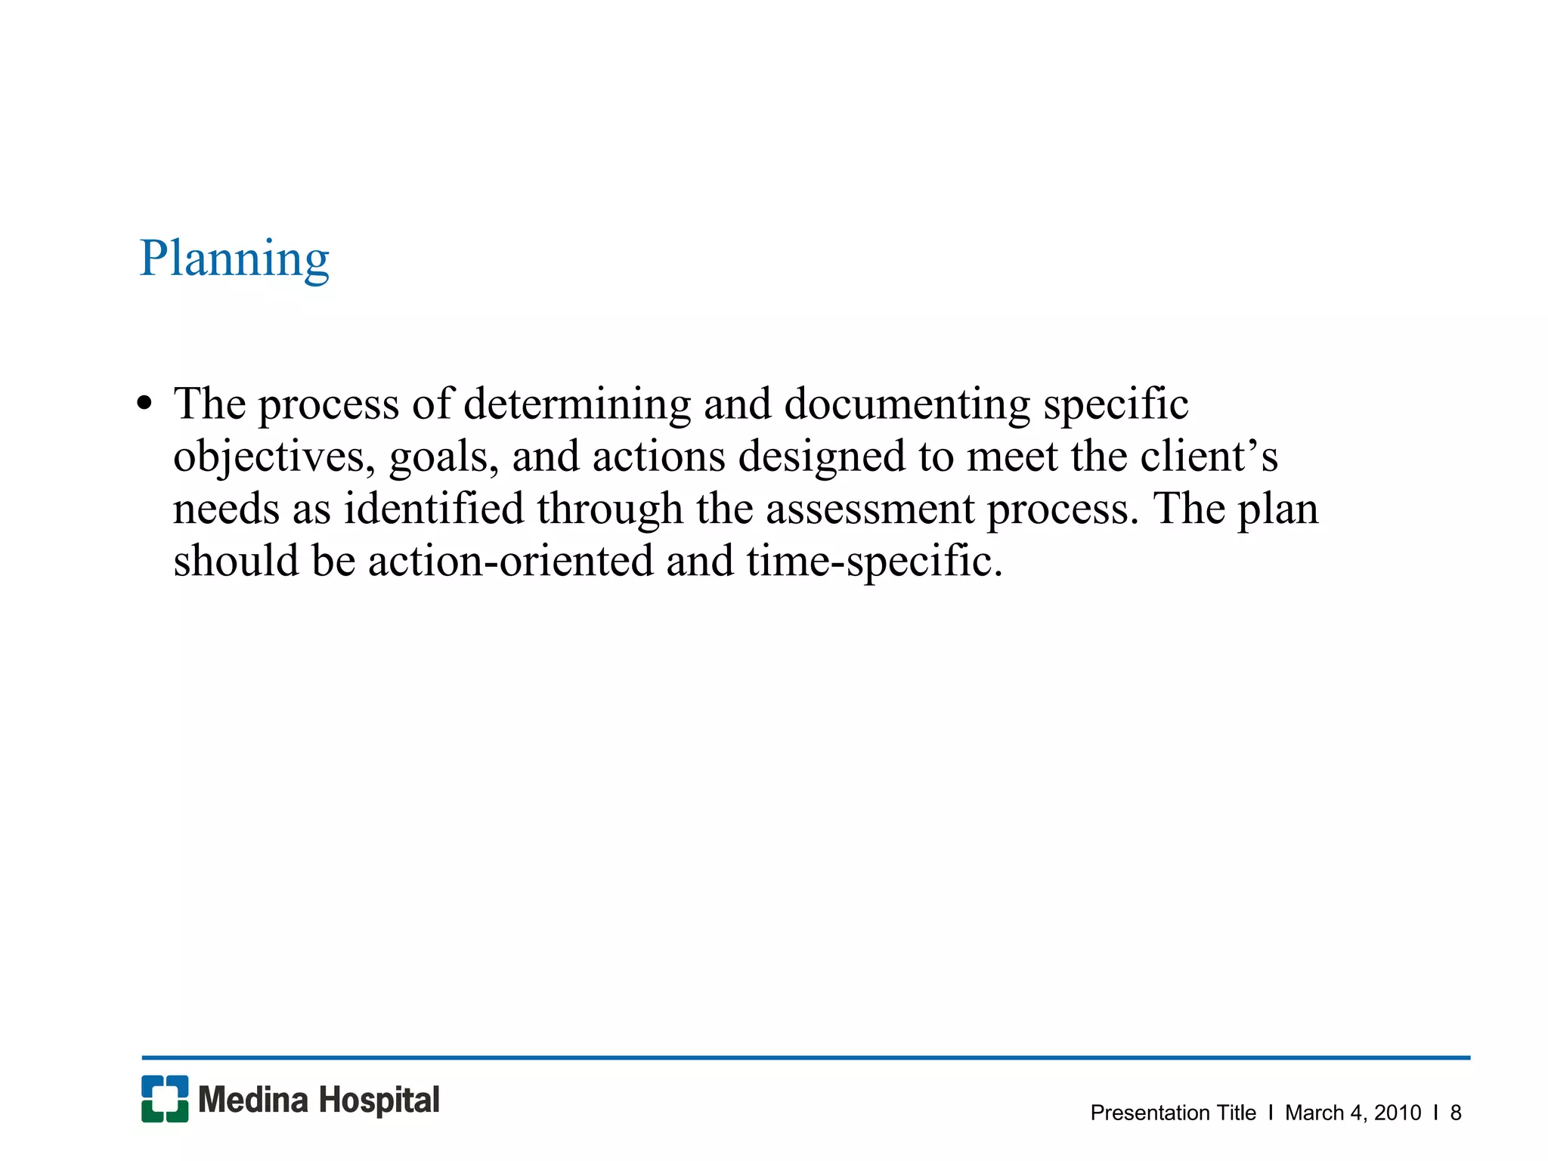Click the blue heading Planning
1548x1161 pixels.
click(234, 259)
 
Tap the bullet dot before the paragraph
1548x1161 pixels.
click(144, 403)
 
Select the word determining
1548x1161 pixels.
click(577, 404)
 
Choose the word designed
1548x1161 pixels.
click(822, 457)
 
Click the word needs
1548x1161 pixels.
click(226, 509)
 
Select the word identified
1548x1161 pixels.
click(434, 509)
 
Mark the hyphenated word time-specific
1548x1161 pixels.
click(875, 561)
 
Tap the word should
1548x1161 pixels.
click(236, 561)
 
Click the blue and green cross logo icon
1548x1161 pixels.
click(165, 1098)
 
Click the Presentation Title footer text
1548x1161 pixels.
click(1173, 1113)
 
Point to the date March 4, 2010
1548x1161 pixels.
click(1352, 1113)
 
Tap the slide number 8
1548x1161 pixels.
click(1456, 1113)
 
